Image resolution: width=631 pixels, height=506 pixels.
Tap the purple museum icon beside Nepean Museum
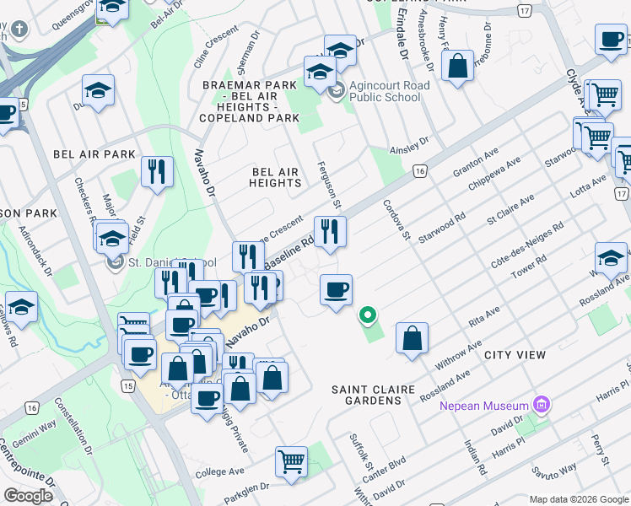click(x=541, y=406)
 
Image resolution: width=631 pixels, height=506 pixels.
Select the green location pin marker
click(x=367, y=317)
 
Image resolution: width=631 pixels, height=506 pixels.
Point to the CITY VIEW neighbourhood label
click(x=515, y=355)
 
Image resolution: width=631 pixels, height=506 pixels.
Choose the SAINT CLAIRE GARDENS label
click(x=373, y=395)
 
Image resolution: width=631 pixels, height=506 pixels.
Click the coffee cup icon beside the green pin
click(x=336, y=291)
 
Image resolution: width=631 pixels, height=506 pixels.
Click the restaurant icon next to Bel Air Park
click(x=157, y=172)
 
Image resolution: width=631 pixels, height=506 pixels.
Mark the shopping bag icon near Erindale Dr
click(x=456, y=67)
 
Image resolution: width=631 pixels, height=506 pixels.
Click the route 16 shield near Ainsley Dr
click(x=419, y=171)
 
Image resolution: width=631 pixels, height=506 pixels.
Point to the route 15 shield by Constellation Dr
click(x=127, y=385)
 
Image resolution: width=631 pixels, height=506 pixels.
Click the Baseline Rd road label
click(x=289, y=252)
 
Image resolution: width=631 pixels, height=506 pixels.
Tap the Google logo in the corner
click(x=28, y=496)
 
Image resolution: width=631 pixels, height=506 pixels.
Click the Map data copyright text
click(x=579, y=499)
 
